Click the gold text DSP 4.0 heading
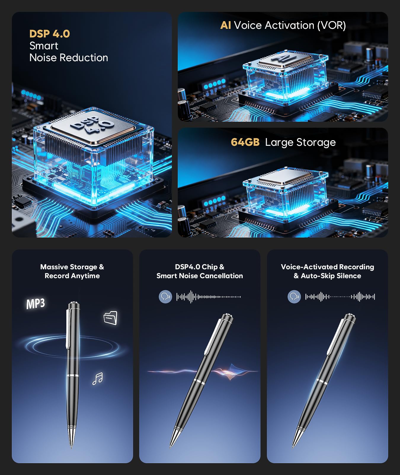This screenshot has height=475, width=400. coord(49,34)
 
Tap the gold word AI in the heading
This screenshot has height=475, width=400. coord(225,25)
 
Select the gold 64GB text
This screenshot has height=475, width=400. coord(245,142)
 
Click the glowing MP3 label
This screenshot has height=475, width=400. coord(36,304)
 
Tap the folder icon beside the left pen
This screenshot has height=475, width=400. coord(111,318)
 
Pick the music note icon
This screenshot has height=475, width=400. coord(97,379)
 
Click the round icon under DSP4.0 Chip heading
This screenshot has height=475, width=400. coord(165,297)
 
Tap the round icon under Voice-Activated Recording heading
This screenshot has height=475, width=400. coord(294,297)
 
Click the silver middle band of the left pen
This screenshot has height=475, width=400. coord(73,376)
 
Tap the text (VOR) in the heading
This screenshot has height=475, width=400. coord(331,26)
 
